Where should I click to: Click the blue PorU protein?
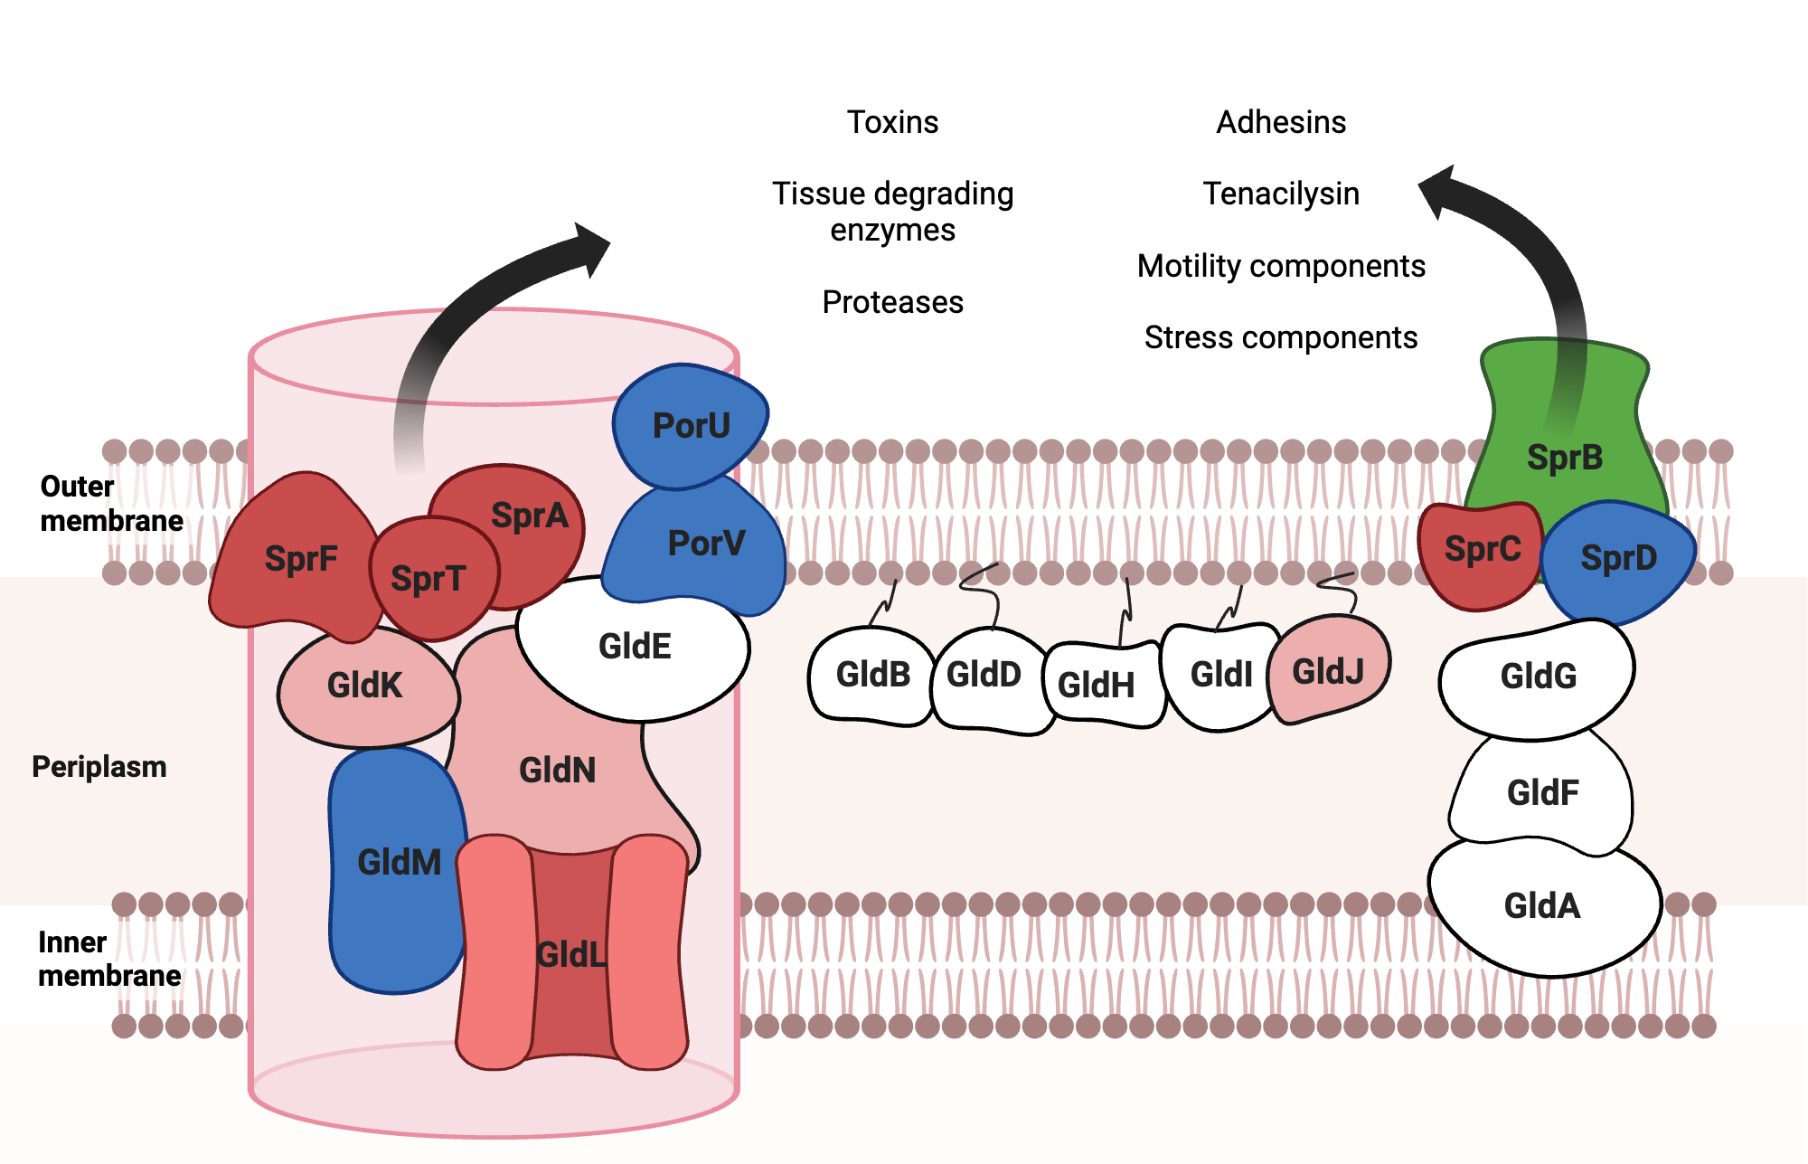click(x=689, y=425)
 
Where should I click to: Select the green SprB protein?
click(x=1565, y=443)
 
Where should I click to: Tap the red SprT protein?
click(x=430, y=579)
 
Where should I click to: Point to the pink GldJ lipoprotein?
click(x=1327, y=672)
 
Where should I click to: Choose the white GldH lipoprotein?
click(x=1097, y=685)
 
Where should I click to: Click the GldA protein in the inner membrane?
click(x=1542, y=906)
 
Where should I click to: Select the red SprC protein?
click(x=1481, y=552)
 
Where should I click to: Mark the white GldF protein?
click(x=1542, y=793)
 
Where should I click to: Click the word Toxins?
click(x=892, y=122)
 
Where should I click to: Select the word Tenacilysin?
click(x=1281, y=194)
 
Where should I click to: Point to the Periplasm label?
click(x=99, y=767)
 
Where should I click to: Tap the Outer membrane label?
click(x=110, y=504)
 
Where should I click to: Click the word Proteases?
click(x=892, y=302)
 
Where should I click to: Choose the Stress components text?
click(x=1281, y=337)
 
